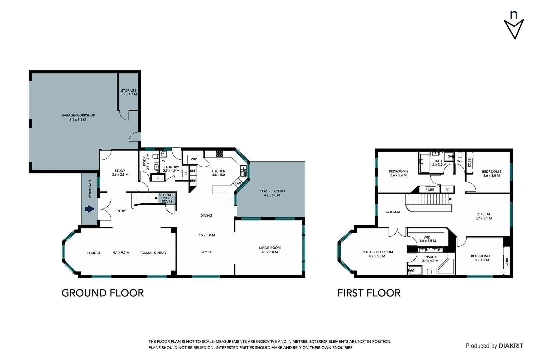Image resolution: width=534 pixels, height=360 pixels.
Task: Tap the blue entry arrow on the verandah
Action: pos(90,209)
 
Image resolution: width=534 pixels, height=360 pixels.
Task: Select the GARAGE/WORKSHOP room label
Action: pos(78,117)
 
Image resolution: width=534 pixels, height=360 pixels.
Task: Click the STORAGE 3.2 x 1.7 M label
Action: pos(129,92)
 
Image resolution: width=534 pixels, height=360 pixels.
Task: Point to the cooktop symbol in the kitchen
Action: pos(219,154)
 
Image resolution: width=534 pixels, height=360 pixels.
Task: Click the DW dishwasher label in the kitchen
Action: pos(238,183)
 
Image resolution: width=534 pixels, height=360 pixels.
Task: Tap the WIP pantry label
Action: pos(194,159)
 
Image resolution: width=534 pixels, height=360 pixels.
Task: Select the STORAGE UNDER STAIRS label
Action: pos(167,198)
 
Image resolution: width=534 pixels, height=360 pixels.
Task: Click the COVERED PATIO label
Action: pos(272,193)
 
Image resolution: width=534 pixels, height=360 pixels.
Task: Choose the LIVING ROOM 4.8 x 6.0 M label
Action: pos(270,250)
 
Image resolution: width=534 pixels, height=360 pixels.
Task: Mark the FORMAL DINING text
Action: pos(153,253)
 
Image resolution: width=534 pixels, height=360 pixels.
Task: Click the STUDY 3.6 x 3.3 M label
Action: pos(120,172)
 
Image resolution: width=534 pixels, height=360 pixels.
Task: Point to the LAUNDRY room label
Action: pos(171,169)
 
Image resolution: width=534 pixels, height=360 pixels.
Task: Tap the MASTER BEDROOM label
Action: pos(377,254)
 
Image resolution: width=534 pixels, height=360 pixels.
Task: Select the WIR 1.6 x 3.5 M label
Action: pos(427,239)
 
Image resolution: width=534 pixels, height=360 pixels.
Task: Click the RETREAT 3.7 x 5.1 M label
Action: pos(483,216)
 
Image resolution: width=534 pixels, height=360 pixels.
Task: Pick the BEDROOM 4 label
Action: pos(480,258)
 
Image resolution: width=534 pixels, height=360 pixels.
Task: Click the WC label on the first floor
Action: pos(460,161)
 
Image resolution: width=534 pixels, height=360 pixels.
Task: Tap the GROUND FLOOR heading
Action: pos(103,293)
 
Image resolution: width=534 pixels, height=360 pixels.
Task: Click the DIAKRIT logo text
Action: pos(511,346)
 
